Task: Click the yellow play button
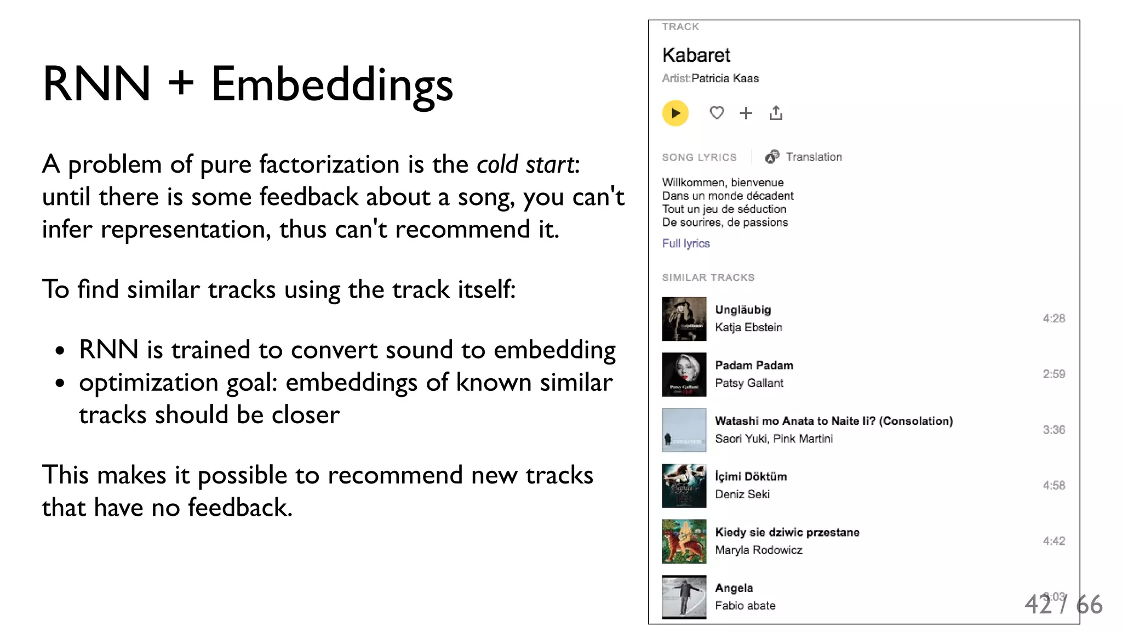click(675, 113)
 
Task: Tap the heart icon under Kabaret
click(717, 113)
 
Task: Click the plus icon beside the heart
click(746, 113)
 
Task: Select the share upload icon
click(776, 113)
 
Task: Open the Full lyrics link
click(686, 243)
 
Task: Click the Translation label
click(814, 157)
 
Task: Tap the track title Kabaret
click(696, 55)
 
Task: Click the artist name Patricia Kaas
click(725, 78)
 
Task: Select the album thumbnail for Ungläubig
click(684, 319)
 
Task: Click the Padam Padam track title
click(754, 365)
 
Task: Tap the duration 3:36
click(1054, 430)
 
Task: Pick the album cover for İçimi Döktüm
click(684, 486)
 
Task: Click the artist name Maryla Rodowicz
click(758, 550)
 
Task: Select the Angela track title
click(734, 588)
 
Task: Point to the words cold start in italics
click(525, 164)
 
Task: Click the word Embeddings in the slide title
click(332, 84)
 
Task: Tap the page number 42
click(1038, 605)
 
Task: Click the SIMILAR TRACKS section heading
click(708, 278)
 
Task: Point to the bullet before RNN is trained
click(60, 350)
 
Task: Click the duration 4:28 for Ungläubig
click(1054, 318)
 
